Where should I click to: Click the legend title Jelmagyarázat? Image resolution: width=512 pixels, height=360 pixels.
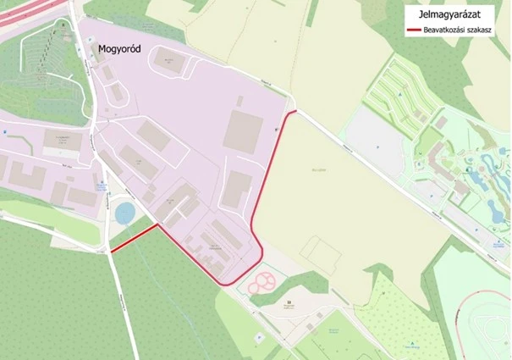(x=449, y=14)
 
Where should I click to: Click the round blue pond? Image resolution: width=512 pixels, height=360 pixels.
(x=125, y=212)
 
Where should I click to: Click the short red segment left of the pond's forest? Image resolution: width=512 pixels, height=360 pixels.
(x=134, y=238)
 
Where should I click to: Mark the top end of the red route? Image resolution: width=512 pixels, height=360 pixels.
(x=295, y=111)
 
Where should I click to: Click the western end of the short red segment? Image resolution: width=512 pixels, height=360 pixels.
(x=112, y=250)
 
